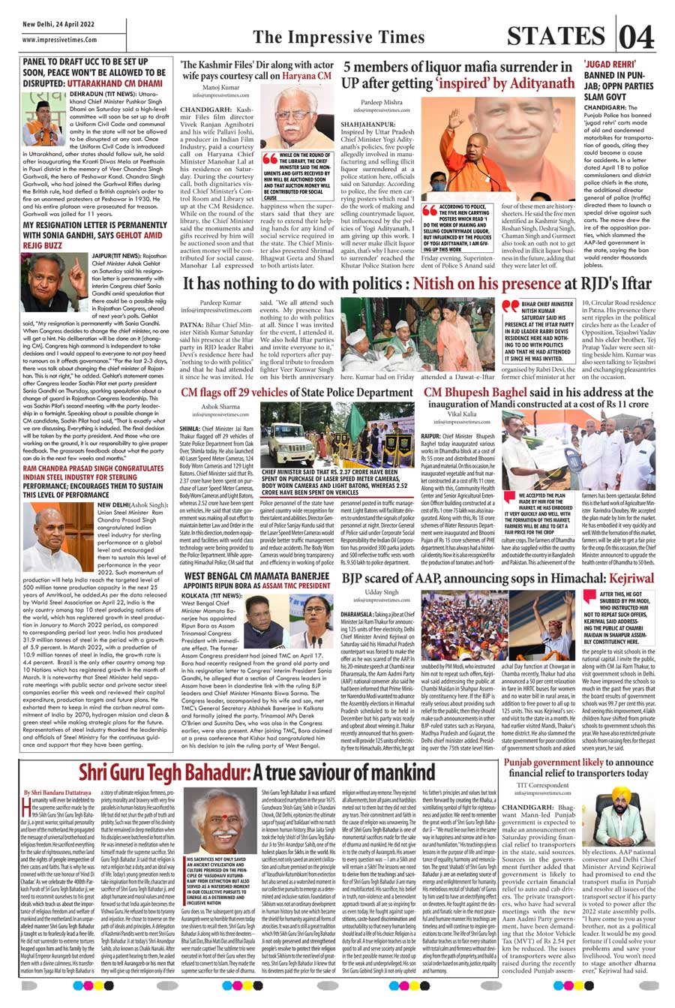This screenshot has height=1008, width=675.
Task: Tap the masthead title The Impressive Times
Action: click(338, 38)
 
